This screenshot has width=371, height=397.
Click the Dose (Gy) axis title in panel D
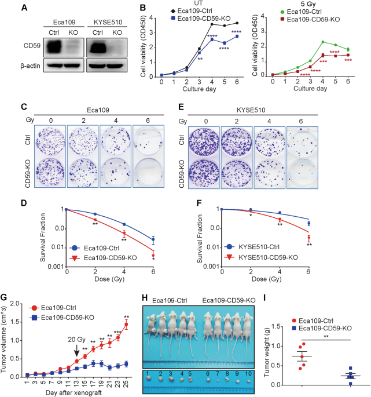[x=110, y=279]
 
